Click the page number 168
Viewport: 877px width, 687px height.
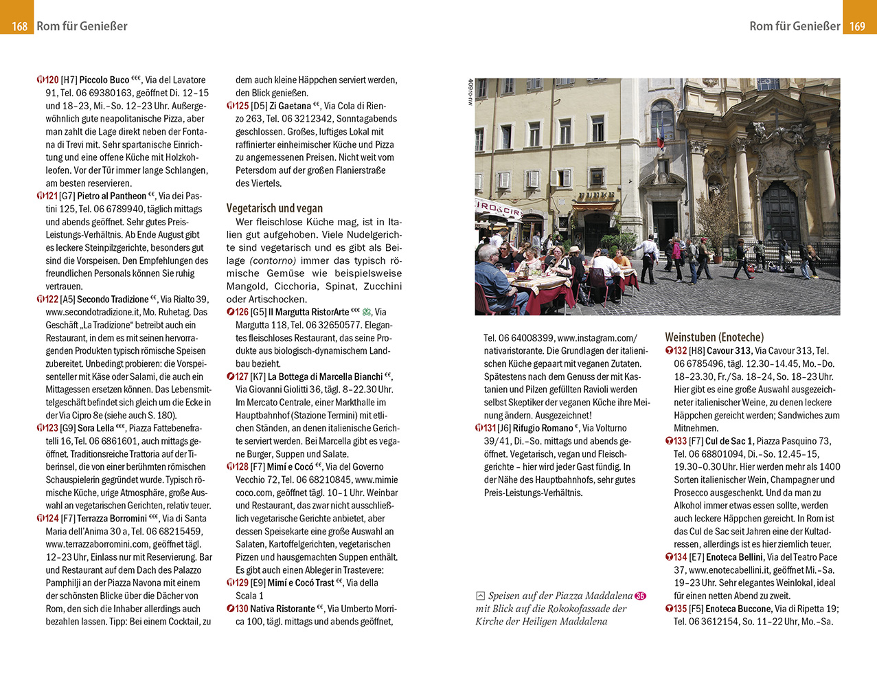19,26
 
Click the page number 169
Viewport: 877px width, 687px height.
857,26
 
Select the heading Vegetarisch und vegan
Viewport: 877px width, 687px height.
274,208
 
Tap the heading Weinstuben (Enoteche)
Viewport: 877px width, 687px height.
714,337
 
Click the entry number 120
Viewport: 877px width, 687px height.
52,80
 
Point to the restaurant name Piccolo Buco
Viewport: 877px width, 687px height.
104,80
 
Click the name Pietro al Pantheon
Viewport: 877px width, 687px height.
111,196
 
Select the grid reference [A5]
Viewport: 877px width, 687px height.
67,300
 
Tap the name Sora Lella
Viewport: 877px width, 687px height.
95,428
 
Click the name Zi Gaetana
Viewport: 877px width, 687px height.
290,106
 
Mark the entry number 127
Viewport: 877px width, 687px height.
241,376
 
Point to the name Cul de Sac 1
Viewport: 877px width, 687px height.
729,441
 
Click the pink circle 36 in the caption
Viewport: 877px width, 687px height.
641,596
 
